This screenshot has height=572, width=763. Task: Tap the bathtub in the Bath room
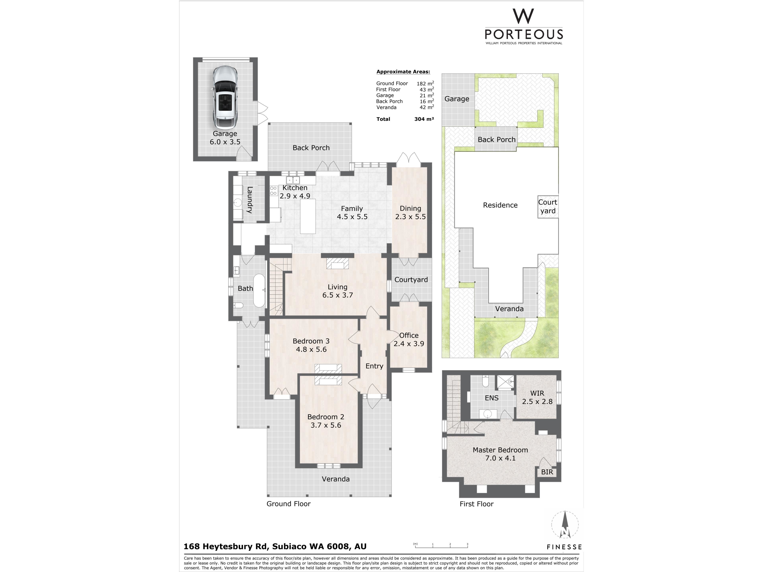(259, 291)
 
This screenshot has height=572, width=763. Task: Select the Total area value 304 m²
(424, 119)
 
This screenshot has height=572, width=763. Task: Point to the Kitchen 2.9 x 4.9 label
(295, 192)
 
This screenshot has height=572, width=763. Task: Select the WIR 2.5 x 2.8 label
(537, 397)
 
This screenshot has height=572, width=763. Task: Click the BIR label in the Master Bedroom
(547, 472)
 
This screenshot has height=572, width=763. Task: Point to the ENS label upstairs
(492, 398)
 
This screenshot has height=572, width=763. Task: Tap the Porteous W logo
(523, 16)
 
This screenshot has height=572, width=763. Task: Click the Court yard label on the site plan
(548, 207)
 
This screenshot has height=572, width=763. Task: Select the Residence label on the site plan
(500, 205)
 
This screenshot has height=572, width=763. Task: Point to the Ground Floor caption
(288, 504)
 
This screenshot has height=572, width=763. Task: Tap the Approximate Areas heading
(403, 72)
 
